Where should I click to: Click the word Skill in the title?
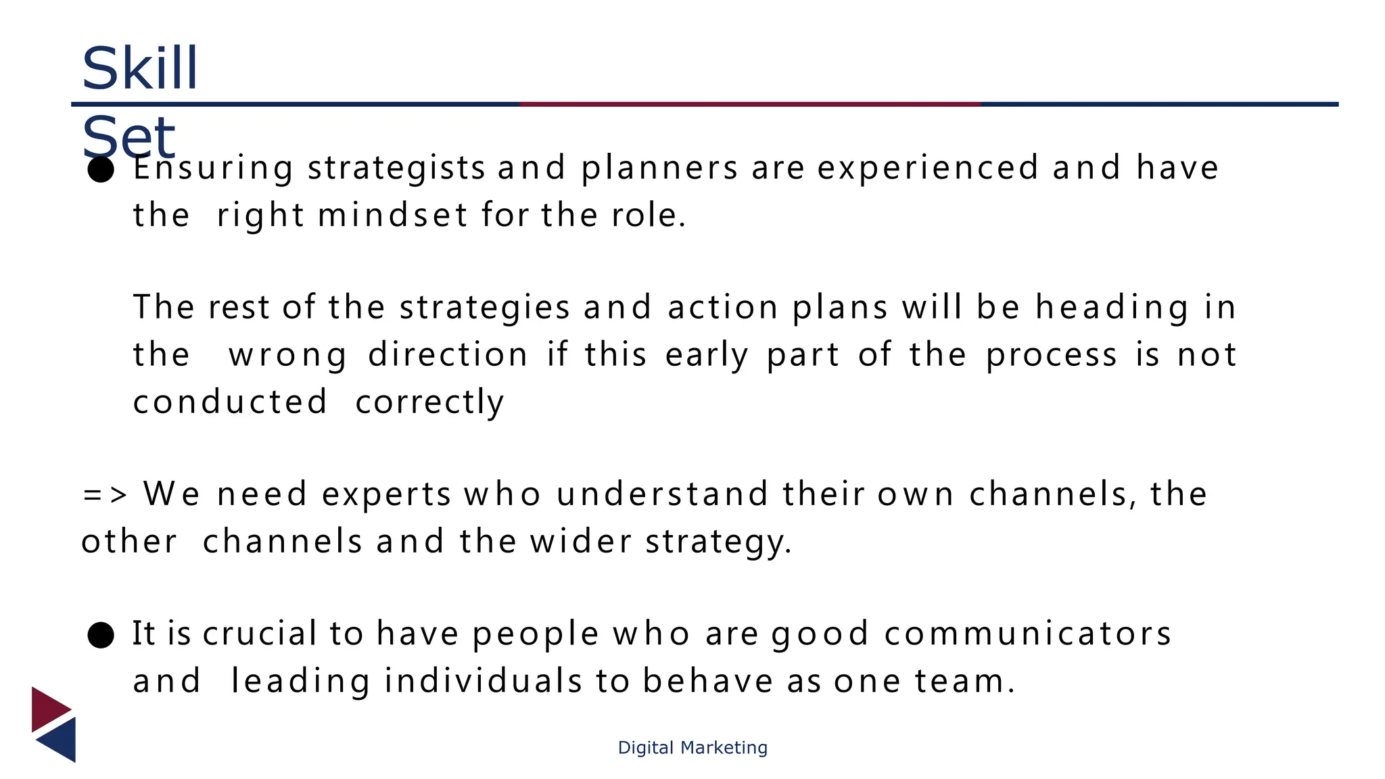click(x=139, y=68)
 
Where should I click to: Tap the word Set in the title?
click(x=128, y=137)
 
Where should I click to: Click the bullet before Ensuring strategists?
click(x=101, y=169)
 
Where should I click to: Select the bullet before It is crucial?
click(x=101, y=635)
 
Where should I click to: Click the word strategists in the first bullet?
click(x=396, y=168)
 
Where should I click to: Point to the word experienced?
click(x=928, y=168)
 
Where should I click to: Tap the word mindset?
click(x=392, y=216)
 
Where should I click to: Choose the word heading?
click(x=1112, y=308)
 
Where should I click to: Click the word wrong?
click(x=288, y=356)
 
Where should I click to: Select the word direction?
click(x=448, y=354)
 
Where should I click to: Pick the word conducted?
click(x=230, y=402)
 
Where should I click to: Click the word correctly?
click(x=429, y=403)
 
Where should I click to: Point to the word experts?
click(x=386, y=495)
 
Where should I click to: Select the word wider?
click(x=581, y=542)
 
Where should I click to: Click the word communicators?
click(x=1027, y=634)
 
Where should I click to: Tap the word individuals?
click(x=483, y=681)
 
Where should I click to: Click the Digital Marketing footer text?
click(x=692, y=747)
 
